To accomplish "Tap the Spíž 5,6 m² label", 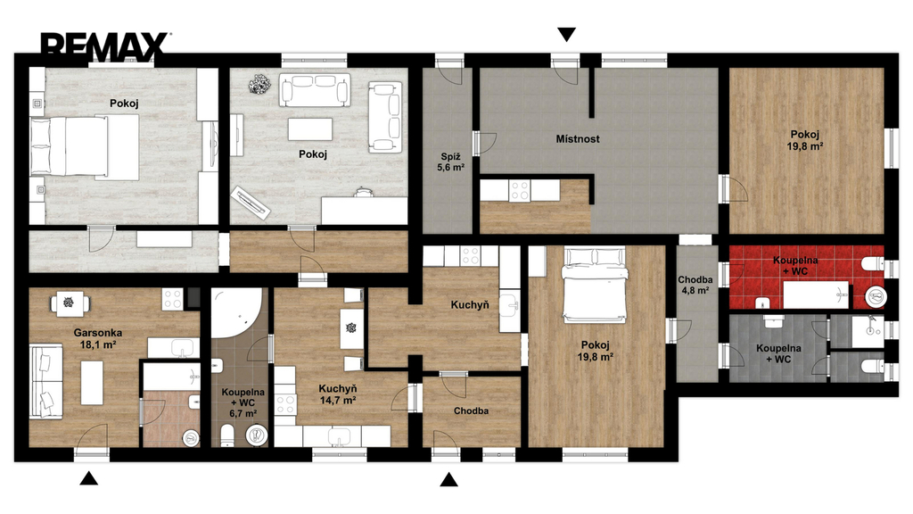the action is tap(450, 162).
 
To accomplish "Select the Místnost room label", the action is tap(578, 138).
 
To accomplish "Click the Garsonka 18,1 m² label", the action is tap(98, 338).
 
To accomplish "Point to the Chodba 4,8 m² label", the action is tap(695, 285).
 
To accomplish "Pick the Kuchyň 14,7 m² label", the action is tap(338, 394).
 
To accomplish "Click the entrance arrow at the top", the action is tap(566, 35).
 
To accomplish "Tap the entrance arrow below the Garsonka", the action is tap(88, 478).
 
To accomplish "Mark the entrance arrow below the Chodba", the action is tap(448, 479).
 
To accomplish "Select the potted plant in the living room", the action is tap(259, 85).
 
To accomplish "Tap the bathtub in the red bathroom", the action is tap(816, 294).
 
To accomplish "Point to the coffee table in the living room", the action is tap(310, 129).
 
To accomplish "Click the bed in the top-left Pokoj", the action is tap(85, 146).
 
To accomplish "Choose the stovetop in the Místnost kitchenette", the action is tap(520, 190).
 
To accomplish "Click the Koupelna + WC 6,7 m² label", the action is tap(243, 403).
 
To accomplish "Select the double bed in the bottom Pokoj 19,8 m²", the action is tap(595, 285).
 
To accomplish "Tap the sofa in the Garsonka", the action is tap(46, 381).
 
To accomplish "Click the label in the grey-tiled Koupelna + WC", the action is tap(778, 353).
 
